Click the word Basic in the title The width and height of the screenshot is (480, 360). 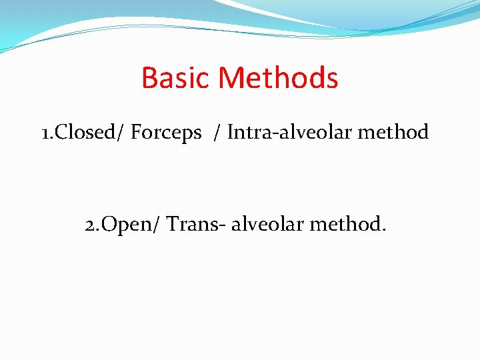coord(177,78)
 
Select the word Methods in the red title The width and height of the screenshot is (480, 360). coord(279,78)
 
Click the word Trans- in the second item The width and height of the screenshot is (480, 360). coord(196,225)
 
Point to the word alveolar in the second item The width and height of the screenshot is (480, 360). coord(269,225)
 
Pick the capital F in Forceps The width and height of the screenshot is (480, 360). coord(136,133)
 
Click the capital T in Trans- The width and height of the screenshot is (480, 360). coord(172,225)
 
